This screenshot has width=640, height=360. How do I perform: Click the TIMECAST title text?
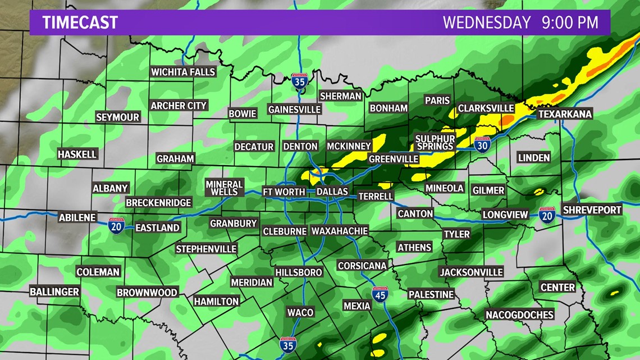click(80, 22)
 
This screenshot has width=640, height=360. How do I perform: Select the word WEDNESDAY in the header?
click(486, 22)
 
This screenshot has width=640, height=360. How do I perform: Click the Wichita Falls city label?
click(183, 72)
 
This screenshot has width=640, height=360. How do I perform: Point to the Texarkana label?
click(565, 114)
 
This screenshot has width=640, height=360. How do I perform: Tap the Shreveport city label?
click(592, 210)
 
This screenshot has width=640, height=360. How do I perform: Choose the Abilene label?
click(77, 217)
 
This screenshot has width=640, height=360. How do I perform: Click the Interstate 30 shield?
click(482, 144)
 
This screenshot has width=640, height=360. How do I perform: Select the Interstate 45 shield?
click(380, 294)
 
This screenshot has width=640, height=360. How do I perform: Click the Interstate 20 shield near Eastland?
click(117, 225)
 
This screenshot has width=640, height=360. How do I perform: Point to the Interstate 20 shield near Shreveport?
click(546, 215)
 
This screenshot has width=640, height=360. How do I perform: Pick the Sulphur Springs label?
click(435, 142)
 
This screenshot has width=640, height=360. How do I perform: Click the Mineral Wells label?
click(224, 188)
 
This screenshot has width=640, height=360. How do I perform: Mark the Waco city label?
click(300, 312)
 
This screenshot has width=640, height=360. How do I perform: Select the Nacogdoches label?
click(519, 315)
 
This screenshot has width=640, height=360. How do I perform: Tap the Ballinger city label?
click(54, 291)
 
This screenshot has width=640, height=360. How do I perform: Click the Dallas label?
click(332, 192)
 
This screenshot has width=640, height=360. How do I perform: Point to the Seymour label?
click(117, 117)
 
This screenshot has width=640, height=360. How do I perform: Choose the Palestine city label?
click(431, 294)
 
